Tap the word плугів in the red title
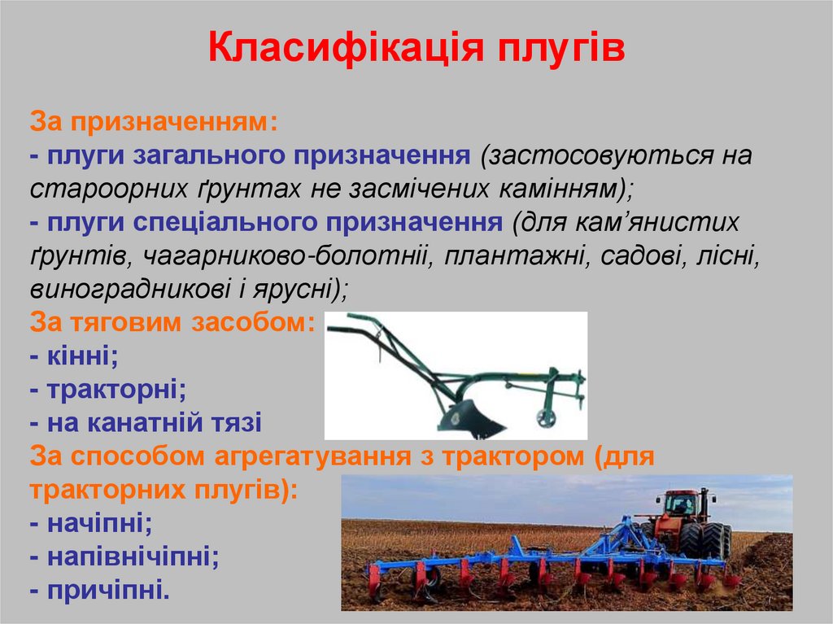(x=556, y=49)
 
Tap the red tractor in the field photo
(x=687, y=521)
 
